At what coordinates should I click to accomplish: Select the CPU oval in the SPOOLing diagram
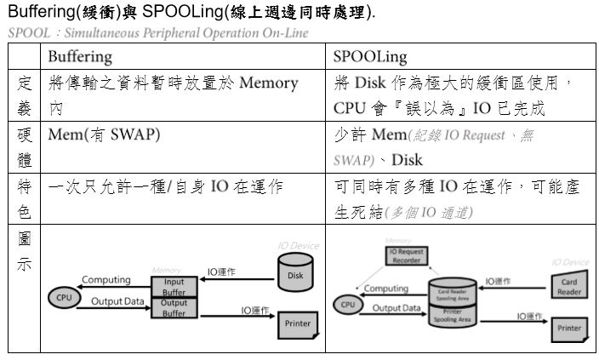tap(346, 304)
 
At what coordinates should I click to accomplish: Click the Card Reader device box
tap(568, 285)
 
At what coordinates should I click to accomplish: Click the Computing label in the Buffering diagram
tap(106, 279)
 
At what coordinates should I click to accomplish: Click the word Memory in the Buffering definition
tap(269, 83)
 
